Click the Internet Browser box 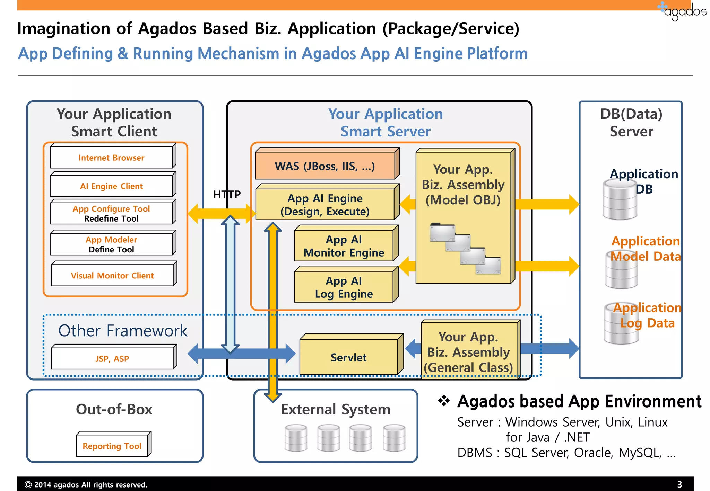[112, 158]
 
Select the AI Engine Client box [112, 186]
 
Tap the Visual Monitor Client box [112, 275]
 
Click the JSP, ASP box [112, 358]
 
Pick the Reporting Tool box [112, 446]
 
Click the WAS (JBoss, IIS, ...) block [325, 166]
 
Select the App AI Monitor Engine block [344, 246]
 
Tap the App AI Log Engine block [344, 287]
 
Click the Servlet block [348, 357]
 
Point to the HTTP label [227, 195]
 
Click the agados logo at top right [683, 11]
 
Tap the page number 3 [679, 484]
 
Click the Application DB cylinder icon [620, 201]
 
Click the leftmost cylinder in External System [296, 438]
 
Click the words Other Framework [123, 331]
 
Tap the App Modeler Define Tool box [112, 244]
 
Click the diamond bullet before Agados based [444, 401]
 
